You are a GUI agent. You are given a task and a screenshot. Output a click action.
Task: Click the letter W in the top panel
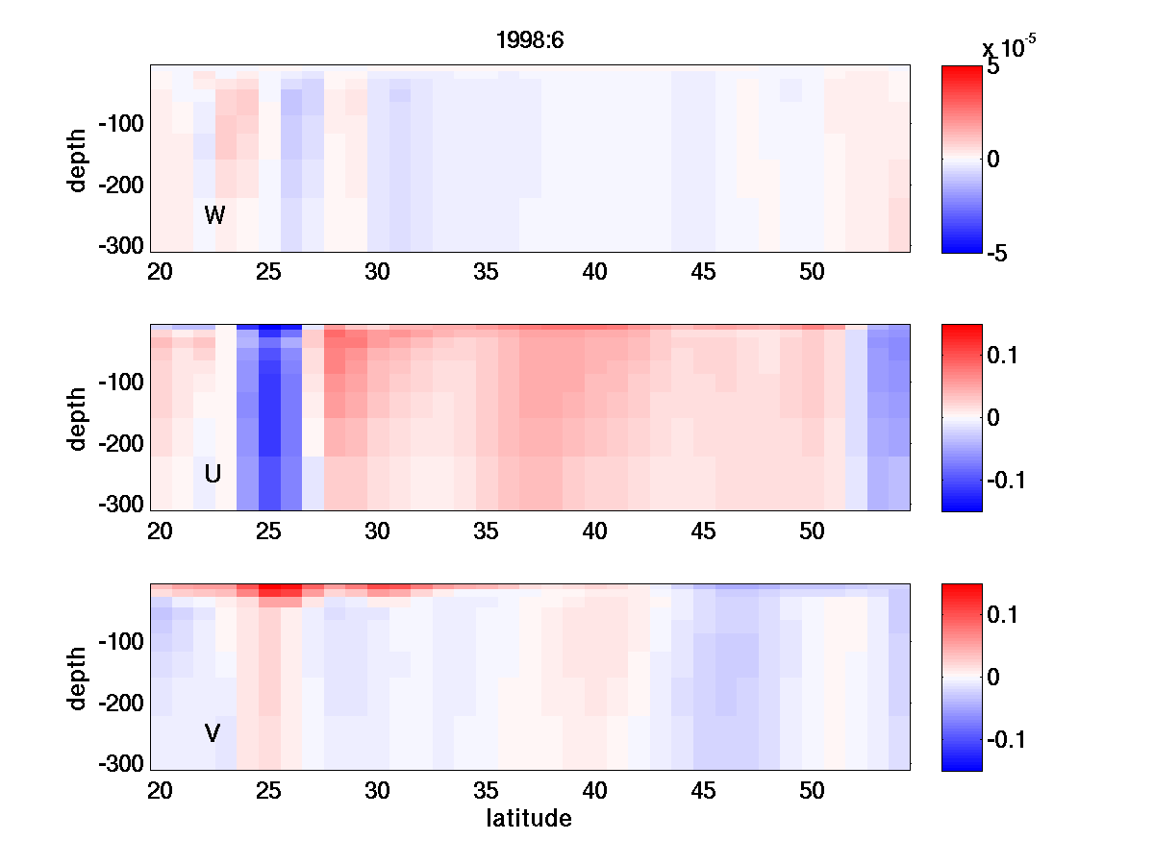tap(214, 215)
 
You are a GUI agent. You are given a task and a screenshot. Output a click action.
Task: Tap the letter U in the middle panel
tap(213, 474)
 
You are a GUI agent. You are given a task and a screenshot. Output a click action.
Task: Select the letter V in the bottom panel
tap(213, 733)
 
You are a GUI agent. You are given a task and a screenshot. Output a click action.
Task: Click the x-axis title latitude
tap(529, 819)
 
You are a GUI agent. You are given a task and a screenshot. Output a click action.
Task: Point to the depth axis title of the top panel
tap(78, 159)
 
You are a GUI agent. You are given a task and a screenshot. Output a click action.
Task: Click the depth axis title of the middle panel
tap(78, 418)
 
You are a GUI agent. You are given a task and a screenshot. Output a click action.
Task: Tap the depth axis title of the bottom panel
tap(78, 678)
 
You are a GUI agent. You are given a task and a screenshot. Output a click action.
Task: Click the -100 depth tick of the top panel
tap(120, 124)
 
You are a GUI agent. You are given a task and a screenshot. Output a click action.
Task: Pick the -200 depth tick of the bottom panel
tap(120, 703)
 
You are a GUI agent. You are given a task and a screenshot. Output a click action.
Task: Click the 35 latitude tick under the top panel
tap(487, 272)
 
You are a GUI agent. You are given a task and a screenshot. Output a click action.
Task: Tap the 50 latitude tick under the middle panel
tap(813, 531)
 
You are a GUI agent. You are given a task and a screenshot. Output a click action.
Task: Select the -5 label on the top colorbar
tap(997, 253)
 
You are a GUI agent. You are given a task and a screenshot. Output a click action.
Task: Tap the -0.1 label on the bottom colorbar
tap(1006, 739)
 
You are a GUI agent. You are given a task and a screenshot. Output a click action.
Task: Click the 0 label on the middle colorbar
tap(994, 417)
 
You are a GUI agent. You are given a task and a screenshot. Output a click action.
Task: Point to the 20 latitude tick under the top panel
tap(161, 272)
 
